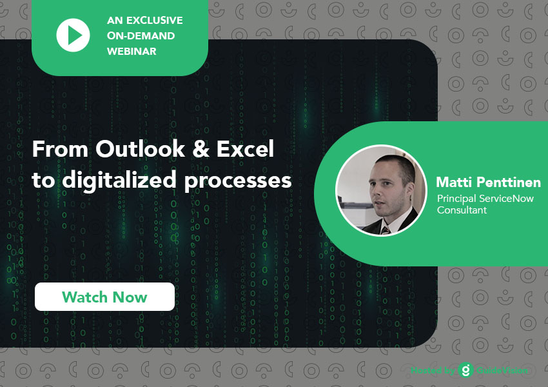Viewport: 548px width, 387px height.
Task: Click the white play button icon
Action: click(73, 35)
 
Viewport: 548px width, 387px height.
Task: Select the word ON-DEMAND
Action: click(141, 35)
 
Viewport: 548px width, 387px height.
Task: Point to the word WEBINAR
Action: click(132, 51)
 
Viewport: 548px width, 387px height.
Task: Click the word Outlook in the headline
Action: click(140, 149)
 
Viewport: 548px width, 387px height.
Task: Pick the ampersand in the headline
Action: click(201, 149)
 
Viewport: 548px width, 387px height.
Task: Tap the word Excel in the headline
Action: click(245, 149)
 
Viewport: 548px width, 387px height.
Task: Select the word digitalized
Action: click(119, 181)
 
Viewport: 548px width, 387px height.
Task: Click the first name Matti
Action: click(454, 182)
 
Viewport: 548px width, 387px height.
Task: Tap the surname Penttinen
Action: click(509, 182)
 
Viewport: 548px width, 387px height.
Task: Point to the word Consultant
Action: click(462, 210)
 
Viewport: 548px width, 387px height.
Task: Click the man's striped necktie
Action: click(386, 230)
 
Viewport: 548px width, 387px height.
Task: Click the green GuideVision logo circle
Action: click(465, 370)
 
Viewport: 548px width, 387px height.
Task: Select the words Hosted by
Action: click(433, 370)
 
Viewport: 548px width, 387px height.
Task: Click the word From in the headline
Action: click(60, 149)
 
